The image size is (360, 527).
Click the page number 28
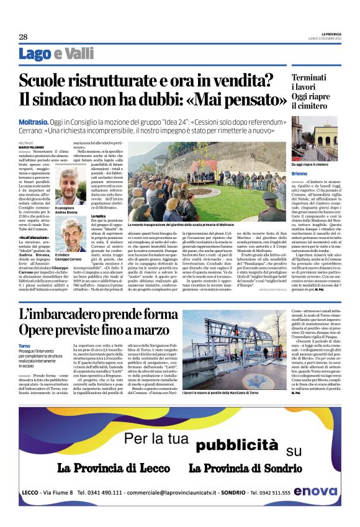point(23,37)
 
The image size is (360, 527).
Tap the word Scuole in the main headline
point(48,80)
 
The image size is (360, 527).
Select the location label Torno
point(24,345)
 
